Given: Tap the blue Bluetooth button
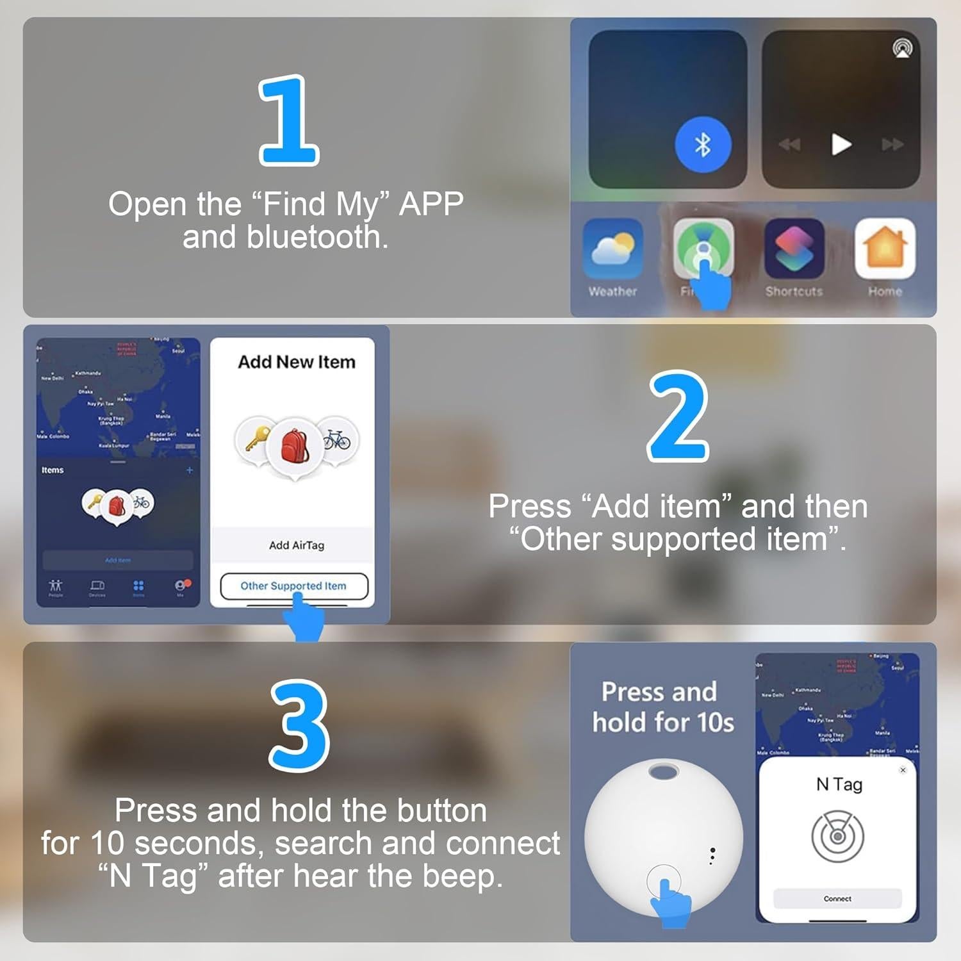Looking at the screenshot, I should point(703,145).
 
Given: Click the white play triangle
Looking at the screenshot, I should point(841,145).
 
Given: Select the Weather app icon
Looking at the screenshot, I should point(612,249).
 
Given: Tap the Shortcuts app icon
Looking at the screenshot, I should point(794,249).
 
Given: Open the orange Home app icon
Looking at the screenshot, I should point(885,249).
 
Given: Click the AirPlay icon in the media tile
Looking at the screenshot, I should point(903,49).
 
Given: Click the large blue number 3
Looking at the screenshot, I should point(299,725).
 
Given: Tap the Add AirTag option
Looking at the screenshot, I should point(296,545).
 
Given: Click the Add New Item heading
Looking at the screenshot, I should point(296,362).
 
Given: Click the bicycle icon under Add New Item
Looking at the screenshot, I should point(337,439).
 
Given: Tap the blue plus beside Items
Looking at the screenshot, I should point(190,470).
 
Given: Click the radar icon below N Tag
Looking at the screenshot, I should point(837,836).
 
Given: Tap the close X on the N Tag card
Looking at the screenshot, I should point(903,769).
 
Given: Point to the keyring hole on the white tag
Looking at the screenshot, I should point(663,771).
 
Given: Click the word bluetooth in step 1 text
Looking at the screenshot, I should point(316,237).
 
